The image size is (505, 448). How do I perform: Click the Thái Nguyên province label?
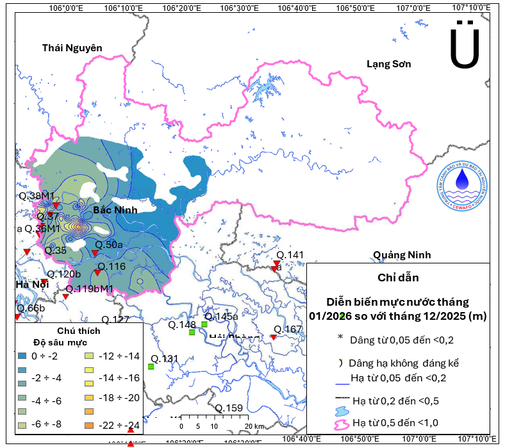click(72, 48)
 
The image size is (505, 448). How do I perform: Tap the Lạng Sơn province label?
click(388, 63)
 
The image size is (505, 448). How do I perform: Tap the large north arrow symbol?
click(465, 47)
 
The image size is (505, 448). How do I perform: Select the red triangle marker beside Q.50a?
click(95, 253)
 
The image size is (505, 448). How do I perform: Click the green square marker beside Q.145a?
click(204, 324)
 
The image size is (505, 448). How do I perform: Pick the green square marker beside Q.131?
click(151, 367)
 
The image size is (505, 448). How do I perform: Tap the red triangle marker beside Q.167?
click(274, 337)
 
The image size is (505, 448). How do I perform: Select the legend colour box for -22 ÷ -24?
click(89, 425)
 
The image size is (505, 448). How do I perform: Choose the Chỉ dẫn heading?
click(403, 278)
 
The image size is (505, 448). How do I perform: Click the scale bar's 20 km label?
click(255, 426)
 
